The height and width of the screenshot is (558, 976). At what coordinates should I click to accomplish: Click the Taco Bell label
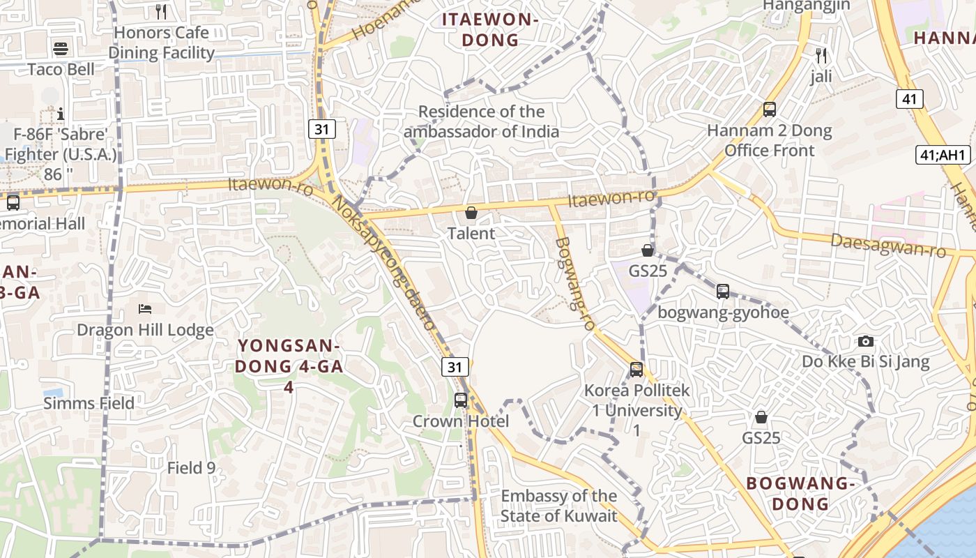click(x=61, y=70)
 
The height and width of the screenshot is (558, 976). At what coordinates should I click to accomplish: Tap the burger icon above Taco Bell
click(x=61, y=49)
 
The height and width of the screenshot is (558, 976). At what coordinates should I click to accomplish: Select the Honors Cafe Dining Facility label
click(x=161, y=43)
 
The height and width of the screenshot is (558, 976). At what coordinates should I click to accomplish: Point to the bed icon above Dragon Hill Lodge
click(x=145, y=308)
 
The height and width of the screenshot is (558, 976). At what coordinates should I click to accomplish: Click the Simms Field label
click(x=89, y=403)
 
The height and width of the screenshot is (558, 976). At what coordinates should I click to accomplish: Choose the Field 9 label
click(x=191, y=468)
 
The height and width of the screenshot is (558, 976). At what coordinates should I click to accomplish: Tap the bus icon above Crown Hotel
click(x=460, y=400)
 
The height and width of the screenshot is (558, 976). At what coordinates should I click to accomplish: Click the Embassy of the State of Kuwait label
click(x=559, y=506)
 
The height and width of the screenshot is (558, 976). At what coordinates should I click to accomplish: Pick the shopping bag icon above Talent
click(x=471, y=213)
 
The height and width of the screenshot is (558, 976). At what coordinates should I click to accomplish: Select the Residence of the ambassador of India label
click(x=481, y=121)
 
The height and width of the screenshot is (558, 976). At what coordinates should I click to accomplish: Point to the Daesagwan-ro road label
click(x=887, y=245)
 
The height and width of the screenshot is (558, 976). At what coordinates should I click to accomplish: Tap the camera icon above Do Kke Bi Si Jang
click(x=866, y=341)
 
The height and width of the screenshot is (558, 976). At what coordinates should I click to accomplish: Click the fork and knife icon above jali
click(x=821, y=55)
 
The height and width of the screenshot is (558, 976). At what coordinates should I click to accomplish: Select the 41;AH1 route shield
click(x=943, y=155)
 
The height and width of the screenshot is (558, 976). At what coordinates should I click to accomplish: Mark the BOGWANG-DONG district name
click(x=800, y=493)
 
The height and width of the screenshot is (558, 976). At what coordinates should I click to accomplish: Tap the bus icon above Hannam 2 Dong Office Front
click(x=770, y=110)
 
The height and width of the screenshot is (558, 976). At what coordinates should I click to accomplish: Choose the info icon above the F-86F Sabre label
click(x=61, y=113)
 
